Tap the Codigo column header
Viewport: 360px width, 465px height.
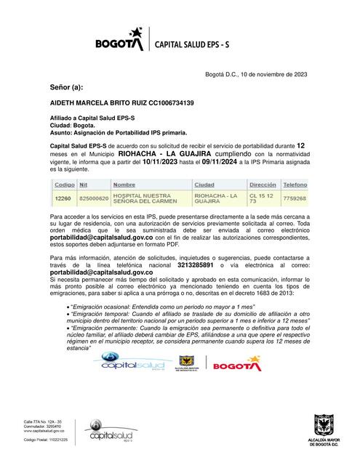pos(64,185)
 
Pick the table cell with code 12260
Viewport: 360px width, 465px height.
pos(63,198)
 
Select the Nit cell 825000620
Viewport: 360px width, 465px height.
pos(94,198)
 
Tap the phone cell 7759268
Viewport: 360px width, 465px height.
pos(295,198)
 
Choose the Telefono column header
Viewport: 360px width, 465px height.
pos(295,185)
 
